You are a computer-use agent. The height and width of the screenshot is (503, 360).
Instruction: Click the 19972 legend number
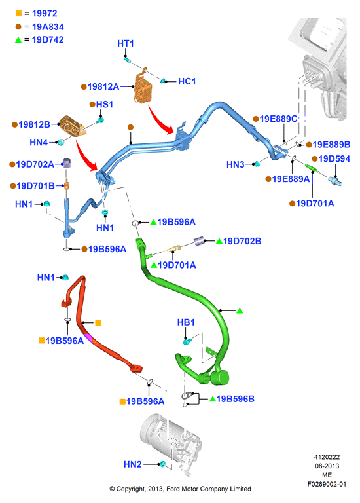45,14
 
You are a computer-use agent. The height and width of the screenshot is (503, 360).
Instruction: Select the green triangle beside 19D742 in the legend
18,40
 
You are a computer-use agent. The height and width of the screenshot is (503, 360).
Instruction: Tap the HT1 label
126,43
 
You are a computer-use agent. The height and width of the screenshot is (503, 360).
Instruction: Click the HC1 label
187,81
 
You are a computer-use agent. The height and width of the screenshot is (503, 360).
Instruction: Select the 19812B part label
34,124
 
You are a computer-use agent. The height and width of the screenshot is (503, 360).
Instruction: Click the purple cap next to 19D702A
66,162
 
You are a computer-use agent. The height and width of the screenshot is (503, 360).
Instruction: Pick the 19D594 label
334,158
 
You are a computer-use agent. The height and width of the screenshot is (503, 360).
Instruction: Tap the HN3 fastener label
236,164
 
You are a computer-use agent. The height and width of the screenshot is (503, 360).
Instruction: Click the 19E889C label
278,119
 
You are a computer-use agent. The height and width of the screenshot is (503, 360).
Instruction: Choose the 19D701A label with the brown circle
315,204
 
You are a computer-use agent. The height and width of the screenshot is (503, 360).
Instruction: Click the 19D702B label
242,241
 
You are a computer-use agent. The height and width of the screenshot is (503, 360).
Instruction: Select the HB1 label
186,322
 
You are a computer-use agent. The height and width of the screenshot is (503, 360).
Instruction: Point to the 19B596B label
235,399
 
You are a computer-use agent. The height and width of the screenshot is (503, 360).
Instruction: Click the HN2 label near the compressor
132,464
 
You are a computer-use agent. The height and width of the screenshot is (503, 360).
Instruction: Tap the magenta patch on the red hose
88,338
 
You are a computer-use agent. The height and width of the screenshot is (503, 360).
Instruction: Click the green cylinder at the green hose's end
220,377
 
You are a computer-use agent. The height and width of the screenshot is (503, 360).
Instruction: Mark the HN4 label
39,142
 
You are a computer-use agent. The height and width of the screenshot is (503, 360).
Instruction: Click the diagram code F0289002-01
327,484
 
